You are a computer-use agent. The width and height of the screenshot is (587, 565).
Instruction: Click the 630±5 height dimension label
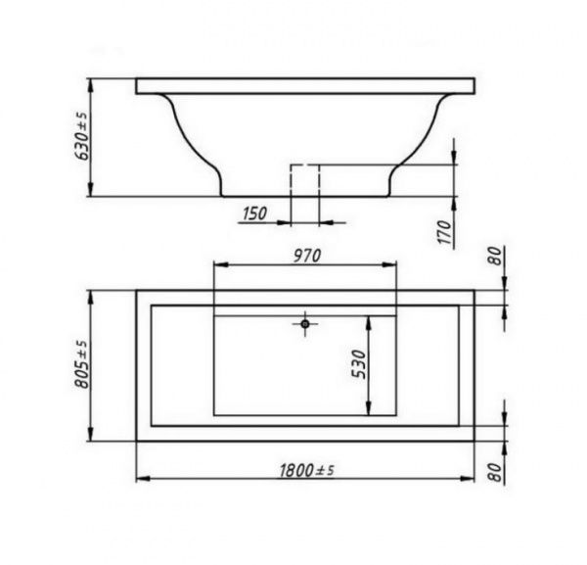(x=82, y=136)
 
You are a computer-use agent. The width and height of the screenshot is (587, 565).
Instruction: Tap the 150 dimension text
(x=255, y=213)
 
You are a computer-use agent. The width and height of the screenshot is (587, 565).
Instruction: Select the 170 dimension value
(x=445, y=232)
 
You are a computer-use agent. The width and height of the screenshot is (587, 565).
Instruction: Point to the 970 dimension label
(x=307, y=256)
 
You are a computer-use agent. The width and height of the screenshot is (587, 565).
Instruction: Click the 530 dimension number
(x=359, y=364)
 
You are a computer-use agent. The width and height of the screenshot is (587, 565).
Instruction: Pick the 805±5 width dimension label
(x=82, y=364)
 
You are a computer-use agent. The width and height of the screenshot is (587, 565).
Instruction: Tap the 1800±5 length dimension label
(x=306, y=471)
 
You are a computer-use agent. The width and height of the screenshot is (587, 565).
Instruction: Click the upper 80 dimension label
(x=495, y=256)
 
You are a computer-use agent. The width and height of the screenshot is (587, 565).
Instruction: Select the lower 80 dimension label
(x=495, y=472)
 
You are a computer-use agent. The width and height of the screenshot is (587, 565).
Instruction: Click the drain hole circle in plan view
(x=305, y=324)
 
